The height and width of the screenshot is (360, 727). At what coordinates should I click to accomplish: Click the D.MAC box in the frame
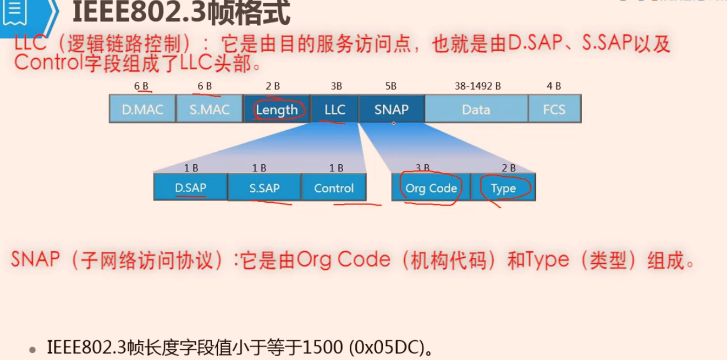[x=142, y=109]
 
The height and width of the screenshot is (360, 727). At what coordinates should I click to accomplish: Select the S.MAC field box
[x=210, y=109]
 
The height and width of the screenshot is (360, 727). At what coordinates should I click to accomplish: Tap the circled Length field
[x=277, y=109]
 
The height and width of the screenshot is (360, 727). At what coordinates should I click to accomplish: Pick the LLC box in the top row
[x=334, y=109]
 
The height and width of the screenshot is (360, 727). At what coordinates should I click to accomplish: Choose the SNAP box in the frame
[x=392, y=109]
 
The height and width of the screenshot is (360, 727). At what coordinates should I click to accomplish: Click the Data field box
[x=476, y=109]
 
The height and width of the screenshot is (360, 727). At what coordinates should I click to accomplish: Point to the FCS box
[x=555, y=109]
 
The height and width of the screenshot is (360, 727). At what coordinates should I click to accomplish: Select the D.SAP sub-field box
[x=190, y=187]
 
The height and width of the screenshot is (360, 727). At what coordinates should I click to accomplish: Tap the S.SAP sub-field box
[x=265, y=187]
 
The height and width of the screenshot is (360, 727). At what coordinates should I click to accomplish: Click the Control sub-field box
[x=334, y=187]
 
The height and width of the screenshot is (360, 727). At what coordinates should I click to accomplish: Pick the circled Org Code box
[x=431, y=187]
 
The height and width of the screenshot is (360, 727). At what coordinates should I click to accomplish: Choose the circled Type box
[x=503, y=187]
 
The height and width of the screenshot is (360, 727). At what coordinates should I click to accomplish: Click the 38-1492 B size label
[x=478, y=86]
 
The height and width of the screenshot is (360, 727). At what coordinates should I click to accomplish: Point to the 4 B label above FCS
[x=554, y=86]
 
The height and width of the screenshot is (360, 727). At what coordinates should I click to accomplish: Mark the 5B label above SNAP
[x=391, y=86]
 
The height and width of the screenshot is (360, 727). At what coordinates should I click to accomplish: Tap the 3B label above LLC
[x=336, y=86]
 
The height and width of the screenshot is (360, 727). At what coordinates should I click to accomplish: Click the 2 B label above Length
[x=273, y=86]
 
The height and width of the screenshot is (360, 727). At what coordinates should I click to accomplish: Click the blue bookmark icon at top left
[x=15, y=12]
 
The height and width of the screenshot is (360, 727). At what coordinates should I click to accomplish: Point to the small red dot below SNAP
[x=394, y=123]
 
